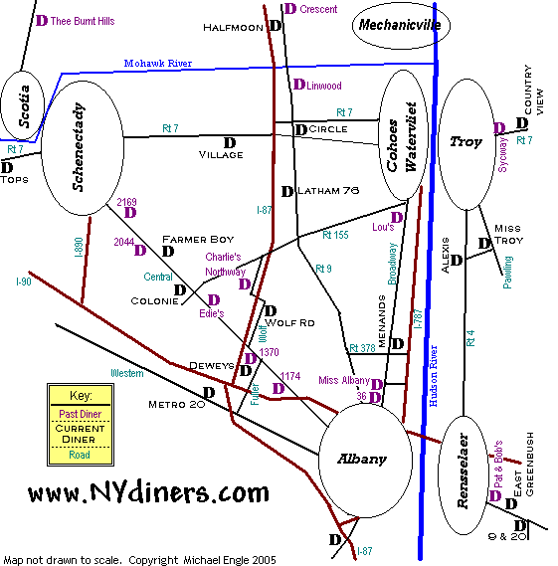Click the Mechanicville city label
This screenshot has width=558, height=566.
(400, 25)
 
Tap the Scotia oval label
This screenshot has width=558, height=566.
(24, 106)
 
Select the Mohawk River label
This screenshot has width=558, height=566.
(158, 64)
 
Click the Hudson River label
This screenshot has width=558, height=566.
(433, 376)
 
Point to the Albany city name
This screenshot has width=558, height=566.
(362, 459)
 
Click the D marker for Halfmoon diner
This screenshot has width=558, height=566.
(276, 26)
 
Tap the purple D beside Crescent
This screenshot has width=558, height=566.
(290, 9)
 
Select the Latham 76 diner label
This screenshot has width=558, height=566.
(328, 190)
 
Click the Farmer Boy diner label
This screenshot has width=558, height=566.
(198, 240)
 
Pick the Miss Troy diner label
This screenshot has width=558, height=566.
(508, 235)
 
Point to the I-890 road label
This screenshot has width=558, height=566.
(79, 247)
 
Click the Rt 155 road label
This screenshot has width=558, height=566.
(335, 235)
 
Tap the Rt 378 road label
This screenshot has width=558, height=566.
(362, 348)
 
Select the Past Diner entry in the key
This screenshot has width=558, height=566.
(81, 414)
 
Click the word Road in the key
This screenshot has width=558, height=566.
(80, 455)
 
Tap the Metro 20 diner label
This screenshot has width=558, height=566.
(176, 405)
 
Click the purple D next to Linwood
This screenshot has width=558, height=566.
(299, 85)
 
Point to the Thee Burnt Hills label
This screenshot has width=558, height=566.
(83, 21)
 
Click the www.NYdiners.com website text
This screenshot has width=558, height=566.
(148, 492)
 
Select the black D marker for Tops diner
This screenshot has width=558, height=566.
(7, 167)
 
